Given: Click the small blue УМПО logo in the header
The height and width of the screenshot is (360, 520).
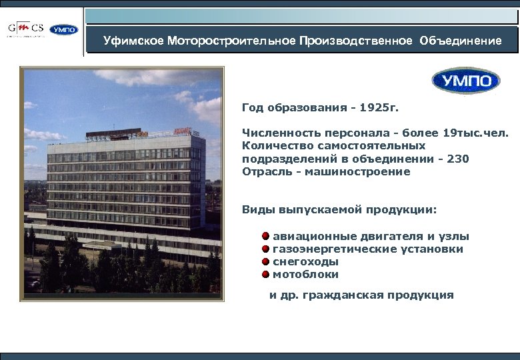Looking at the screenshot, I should coord(64,29).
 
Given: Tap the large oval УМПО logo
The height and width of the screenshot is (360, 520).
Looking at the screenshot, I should coord(465,81).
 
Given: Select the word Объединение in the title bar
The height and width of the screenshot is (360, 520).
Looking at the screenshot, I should coord(461,41).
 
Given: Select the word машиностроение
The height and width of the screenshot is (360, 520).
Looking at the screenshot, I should coord(365,171).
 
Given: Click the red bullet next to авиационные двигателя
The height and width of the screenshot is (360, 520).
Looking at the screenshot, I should coord(265,236).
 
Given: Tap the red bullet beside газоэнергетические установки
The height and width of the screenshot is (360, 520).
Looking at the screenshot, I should coord(265,249).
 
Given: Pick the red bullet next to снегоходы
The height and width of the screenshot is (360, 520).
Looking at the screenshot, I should coord(265,261).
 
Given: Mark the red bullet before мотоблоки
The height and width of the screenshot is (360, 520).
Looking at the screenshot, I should coord(265,274).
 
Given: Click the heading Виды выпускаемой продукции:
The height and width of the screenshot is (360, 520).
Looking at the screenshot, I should coord(339,210).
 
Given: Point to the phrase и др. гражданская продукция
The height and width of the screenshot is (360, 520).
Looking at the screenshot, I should coord(361,295).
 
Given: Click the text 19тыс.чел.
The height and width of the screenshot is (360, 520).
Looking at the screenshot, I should coord(477,133).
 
